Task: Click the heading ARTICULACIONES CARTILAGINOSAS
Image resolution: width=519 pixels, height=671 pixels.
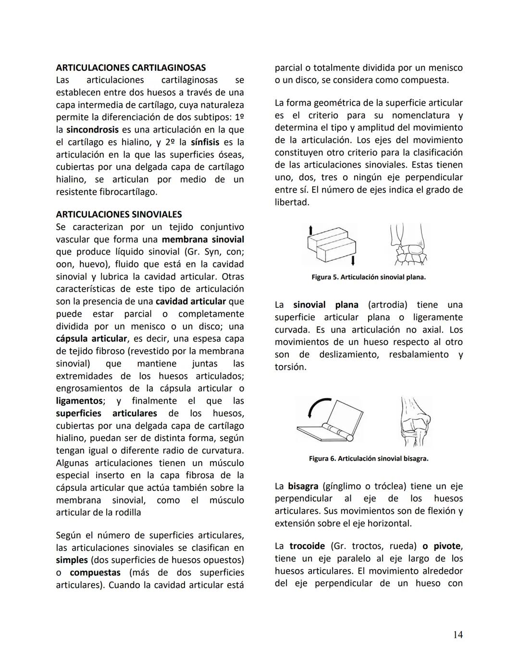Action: pos(131,67)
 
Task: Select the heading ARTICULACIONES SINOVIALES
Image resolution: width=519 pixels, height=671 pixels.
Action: pos(119,214)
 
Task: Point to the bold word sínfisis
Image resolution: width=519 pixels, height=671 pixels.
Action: pos(205,142)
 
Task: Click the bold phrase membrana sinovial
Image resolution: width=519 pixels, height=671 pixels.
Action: pos(203,239)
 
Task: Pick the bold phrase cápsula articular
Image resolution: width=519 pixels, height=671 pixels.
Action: pos(91,339)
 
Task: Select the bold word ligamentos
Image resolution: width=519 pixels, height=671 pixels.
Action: pos(79,401)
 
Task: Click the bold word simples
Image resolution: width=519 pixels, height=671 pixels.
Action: pos(72,560)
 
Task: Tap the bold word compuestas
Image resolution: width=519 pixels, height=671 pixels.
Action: pos(95,573)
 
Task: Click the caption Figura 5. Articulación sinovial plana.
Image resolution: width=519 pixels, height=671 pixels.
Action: pos(369,277)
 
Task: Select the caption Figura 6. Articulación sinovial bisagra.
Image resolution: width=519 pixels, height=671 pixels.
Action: pos(369,458)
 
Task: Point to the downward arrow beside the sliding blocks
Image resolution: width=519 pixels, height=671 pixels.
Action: pos(353,260)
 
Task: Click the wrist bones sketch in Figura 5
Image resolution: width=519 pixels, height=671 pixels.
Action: pos(408,245)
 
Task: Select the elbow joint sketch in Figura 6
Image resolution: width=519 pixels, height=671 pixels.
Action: pos(415,421)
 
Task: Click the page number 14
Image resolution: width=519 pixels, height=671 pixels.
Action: pos(457,634)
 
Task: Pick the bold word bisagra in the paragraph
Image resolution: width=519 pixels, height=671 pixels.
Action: pos(303,486)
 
